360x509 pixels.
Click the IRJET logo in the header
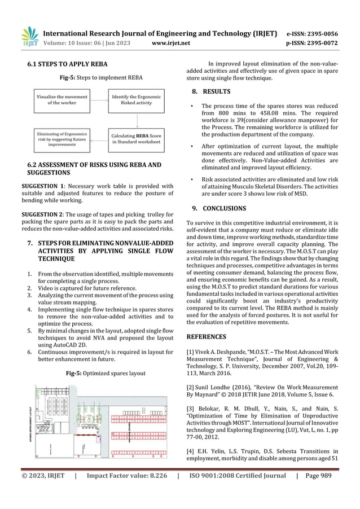point(29,36)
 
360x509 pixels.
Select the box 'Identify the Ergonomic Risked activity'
point(137,100)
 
